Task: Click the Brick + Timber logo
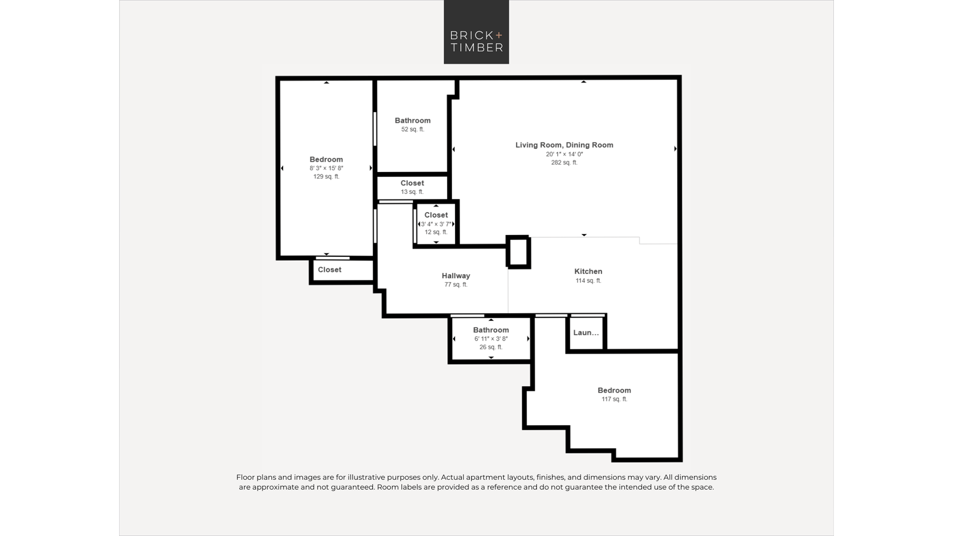tap(476, 32)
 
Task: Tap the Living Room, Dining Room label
tap(564, 145)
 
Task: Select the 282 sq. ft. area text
tap(564, 162)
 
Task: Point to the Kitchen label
tap(588, 272)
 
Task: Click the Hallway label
tap(456, 276)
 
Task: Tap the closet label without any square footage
tap(330, 270)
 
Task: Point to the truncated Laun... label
tap(586, 333)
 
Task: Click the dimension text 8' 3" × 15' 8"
tap(326, 168)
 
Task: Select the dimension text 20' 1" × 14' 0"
tap(565, 154)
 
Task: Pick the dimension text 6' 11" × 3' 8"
tap(491, 339)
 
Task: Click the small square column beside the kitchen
tap(518, 252)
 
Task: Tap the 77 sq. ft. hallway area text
tap(456, 284)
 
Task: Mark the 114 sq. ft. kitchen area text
tap(588, 281)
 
